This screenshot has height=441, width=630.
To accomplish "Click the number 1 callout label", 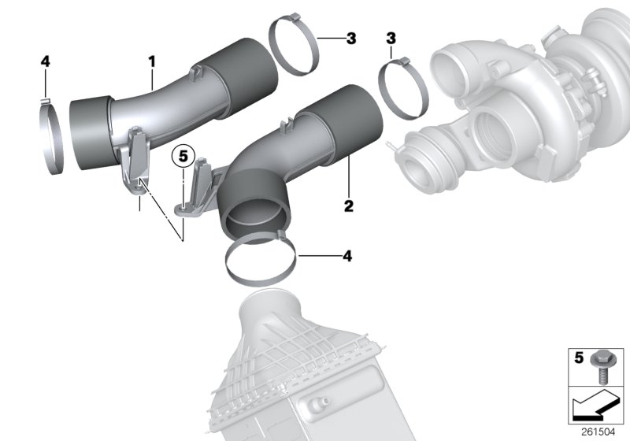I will click(151, 60).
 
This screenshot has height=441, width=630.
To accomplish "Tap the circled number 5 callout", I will click(183, 155).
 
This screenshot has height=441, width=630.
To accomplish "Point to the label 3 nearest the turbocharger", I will click(391, 38).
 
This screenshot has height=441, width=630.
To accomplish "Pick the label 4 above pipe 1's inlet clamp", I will click(45, 61).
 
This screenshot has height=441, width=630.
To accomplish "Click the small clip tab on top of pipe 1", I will click(195, 73).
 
